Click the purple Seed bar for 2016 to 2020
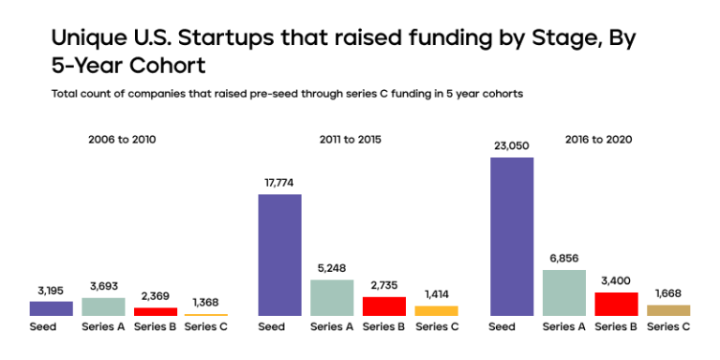pyautogui.click(x=511, y=236)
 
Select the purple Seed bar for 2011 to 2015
pyautogui.click(x=279, y=255)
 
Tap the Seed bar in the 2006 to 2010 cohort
pyautogui.click(x=51, y=308)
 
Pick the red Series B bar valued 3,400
pyautogui.click(x=616, y=304)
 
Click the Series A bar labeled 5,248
pyautogui.click(x=332, y=297)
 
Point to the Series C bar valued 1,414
pyautogui.click(x=436, y=310)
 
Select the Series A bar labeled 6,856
pyautogui.click(x=563, y=292)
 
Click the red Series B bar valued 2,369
pyautogui.click(x=155, y=311)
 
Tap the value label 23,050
pyautogui.click(x=511, y=145)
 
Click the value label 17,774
pyautogui.click(x=279, y=182)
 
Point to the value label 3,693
pyautogui.click(x=103, y=285)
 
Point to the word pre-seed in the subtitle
pyautogui.click(x=244, y=94)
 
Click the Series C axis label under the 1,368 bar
pyautogui.click(x=206, y=327)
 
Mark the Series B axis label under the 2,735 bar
pyautogui.click(x=383, y=327)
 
